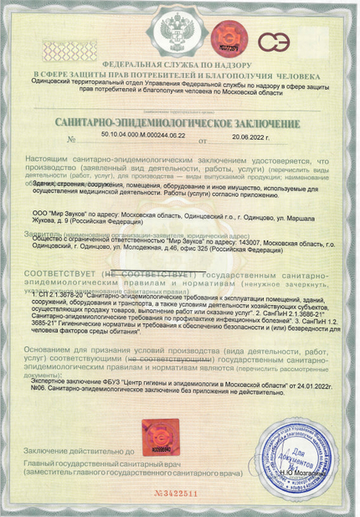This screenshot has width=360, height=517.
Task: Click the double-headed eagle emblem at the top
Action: click(179, 34)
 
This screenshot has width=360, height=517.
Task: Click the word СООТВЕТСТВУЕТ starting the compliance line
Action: click(61, 275)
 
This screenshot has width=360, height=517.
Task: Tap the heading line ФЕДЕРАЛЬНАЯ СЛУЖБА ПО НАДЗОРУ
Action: click(179, 65)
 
